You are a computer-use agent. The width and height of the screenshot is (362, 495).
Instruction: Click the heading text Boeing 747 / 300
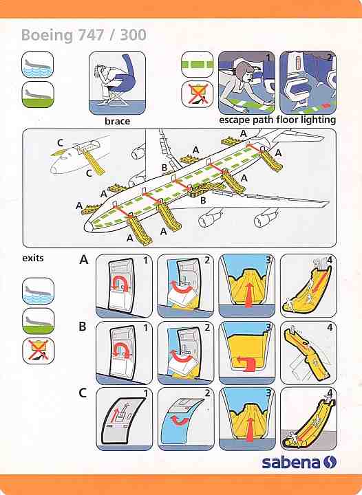84,35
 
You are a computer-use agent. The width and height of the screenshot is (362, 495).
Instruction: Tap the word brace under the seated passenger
117,121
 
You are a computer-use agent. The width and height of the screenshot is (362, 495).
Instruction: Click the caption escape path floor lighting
277,120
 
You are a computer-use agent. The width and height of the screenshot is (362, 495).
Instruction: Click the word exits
33,258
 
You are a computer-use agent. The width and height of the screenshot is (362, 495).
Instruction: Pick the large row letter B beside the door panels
83,326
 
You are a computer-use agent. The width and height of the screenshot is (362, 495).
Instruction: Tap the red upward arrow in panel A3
249,295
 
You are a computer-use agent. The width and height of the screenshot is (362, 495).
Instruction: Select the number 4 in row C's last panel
330,393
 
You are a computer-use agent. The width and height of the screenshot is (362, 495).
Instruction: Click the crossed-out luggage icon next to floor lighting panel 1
198,94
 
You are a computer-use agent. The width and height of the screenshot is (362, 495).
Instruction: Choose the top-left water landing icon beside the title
38,65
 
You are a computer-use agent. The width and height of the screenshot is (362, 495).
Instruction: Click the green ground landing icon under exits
38,321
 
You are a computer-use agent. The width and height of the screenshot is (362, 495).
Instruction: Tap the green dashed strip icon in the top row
198,65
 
